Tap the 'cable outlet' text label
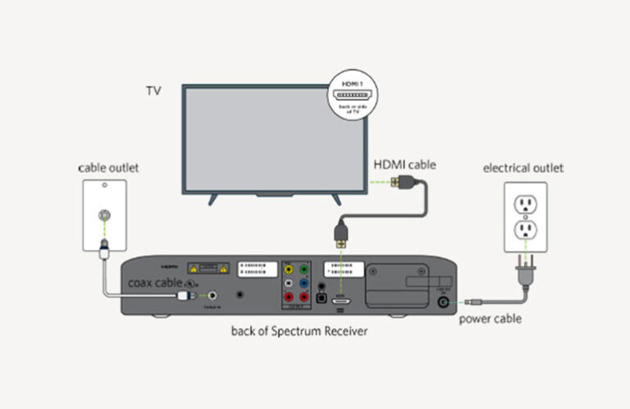point(108,168)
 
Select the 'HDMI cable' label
point(404,165)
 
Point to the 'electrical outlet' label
point(523,168)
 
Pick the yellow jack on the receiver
point(288,267)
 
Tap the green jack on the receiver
point(304,267)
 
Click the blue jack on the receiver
point(304,283)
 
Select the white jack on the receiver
point(288,283)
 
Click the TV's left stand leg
point(213,198)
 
